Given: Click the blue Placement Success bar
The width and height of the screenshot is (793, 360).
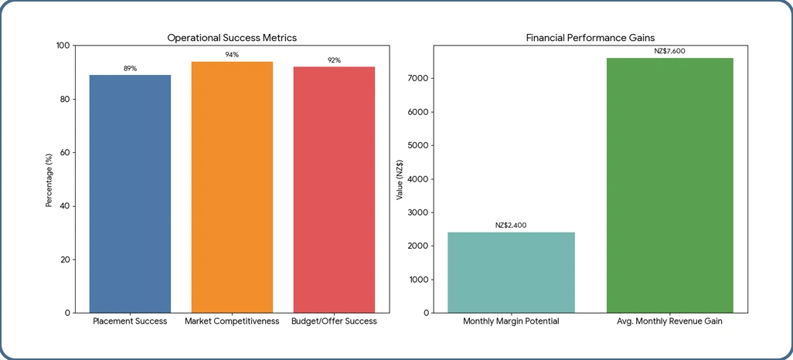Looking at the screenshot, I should pos(130,193).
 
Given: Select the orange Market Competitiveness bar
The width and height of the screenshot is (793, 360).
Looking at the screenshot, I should pos(232,187).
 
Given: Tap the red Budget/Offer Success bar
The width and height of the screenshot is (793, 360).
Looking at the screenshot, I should pos(334,189).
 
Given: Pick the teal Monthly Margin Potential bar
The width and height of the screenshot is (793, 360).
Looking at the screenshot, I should pos(511,272).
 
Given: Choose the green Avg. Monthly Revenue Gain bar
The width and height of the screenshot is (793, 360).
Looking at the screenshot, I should pos(669,185).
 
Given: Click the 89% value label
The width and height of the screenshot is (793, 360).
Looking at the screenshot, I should pos(130,69).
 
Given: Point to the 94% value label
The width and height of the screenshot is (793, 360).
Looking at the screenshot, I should pos(232,55).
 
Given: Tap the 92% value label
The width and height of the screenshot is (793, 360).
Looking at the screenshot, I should pos(334,60).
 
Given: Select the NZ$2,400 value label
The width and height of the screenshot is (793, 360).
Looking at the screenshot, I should pos(511,226).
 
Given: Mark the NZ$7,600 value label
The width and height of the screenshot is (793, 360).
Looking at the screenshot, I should pos(669,51).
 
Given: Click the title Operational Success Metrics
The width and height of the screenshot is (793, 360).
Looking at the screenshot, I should pos(232,37).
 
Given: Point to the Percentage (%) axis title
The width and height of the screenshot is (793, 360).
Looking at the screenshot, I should pos(49,179).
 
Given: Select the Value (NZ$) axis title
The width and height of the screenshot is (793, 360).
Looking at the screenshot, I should pos(400,179).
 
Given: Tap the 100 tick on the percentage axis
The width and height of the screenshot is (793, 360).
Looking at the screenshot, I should pos(63,46).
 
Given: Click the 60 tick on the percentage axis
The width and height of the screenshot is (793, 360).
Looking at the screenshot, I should pos(65,153).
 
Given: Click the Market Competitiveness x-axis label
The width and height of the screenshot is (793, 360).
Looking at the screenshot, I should pos(232,321).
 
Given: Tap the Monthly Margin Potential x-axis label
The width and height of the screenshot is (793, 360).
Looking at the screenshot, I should pos(511,321).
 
